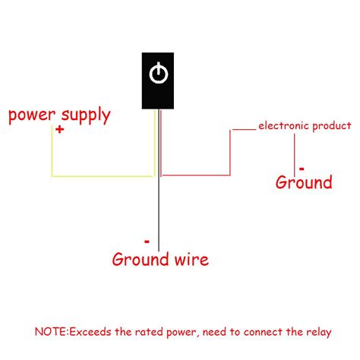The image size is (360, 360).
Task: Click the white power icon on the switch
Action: tap(158, 74)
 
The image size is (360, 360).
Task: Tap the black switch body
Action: tap(158, 95)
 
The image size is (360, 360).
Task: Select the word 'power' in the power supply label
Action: tap(30, 116)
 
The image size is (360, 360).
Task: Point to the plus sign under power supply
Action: tap(59, 131)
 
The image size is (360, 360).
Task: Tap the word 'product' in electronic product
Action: tap(330, 125)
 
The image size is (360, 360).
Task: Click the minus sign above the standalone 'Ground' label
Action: tap(301, 166)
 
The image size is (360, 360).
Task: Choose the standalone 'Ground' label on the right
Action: tap(304, 182)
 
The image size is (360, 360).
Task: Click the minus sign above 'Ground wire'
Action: tap(147, 242)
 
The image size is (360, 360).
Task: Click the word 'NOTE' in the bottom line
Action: tap(49, 332)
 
